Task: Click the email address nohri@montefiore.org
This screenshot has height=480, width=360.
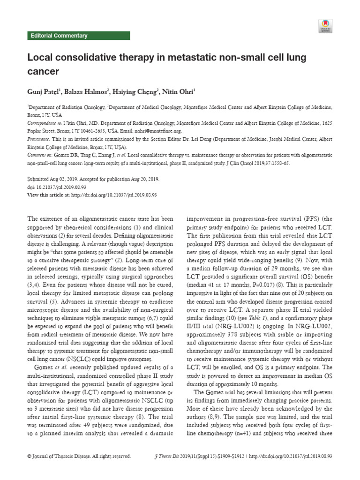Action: click(157, 132)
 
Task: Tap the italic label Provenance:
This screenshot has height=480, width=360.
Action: click(39, 139)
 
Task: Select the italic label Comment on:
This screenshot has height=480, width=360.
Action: click(40, 154)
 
